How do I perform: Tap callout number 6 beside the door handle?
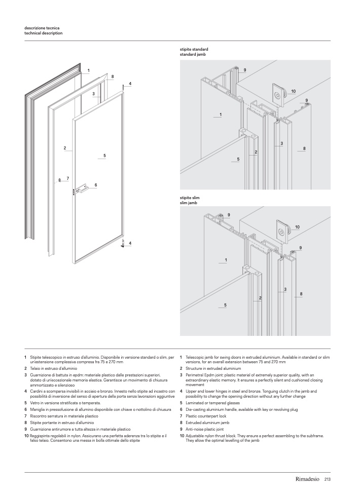(x=95, y=184)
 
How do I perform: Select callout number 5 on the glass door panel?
(x=104, y=155)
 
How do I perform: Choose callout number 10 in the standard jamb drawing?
(x=294, y=91)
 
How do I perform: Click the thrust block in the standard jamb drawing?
(x=278, y=94)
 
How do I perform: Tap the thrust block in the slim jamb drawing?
(x=281, y=230)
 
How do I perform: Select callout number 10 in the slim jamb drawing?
(x=297, y=226)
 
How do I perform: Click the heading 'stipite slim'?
(x=189, y=198)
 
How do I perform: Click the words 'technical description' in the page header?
(x=44, y=33)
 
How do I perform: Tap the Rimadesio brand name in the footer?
(x=307, y=479)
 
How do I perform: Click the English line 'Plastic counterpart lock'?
(x=208, y=415)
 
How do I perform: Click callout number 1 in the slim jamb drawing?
(x=226, y=260)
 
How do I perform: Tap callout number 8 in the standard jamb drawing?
(x=304, y=148)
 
